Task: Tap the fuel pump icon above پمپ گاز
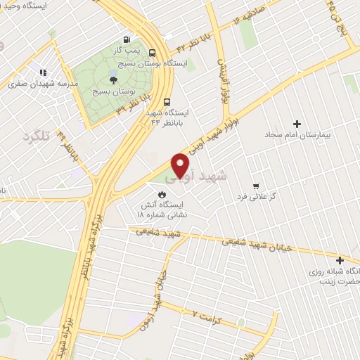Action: pyautogui.click(x=126, y=39)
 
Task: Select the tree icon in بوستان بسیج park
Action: pyautogui.click(x=114, y=79)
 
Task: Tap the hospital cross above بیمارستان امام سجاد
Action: pyautogui.click(x=297, y=124)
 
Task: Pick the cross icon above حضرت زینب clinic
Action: pyautogui.click(x=340, y=259)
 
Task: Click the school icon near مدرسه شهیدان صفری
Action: pyautogui.click(x=43, y=72)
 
